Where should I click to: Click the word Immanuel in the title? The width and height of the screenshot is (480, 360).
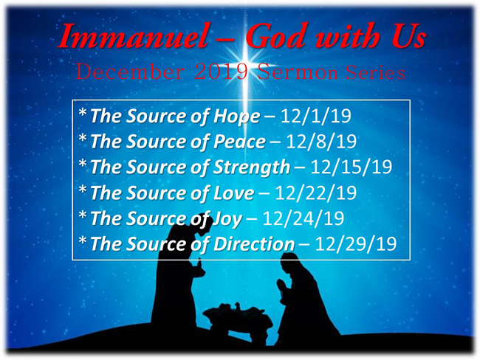coord(133,36)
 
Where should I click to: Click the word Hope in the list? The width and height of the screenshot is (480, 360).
coord(236,117)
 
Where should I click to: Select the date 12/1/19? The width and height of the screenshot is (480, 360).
coord(315,116)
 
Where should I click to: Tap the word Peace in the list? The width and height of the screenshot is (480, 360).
coord(239,142)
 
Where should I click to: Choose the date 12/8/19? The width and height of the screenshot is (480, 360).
coord(321,142)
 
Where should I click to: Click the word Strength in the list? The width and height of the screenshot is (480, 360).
coord(252,167)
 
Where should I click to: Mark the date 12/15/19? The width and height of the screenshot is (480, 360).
coord(352,167)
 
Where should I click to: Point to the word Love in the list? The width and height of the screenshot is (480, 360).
coord(233,193)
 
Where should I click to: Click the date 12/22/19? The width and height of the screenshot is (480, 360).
coord(316,193)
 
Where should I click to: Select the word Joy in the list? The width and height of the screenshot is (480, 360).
coord(227,219)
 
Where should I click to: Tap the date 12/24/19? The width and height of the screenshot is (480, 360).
coord(304,218)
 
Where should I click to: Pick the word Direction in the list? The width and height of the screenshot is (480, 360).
coord(254,244)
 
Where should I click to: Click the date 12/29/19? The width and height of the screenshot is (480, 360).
coord(356,243)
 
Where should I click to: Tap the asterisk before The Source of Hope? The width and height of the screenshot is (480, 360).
coord(83,112)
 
